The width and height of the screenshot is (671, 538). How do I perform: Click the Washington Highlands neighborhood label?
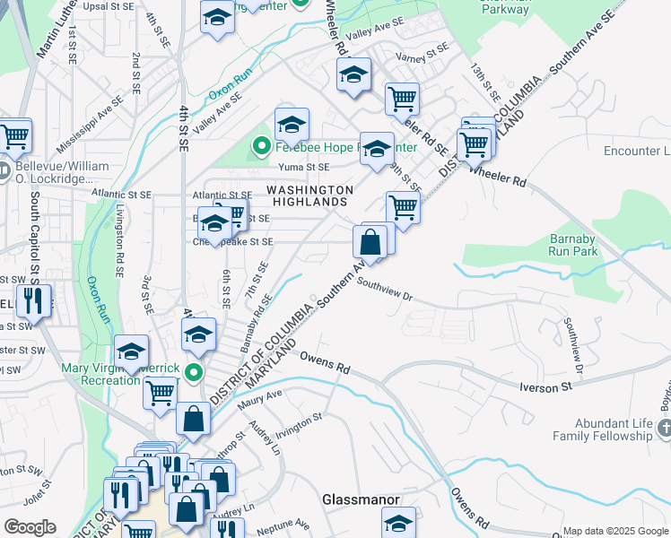[x=309, y=195]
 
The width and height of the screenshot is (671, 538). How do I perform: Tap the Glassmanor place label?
[x=361, y=499]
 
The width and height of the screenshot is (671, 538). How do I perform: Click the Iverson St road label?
[x=546, y=386]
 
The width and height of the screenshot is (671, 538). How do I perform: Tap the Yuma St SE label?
[x=305, y=167]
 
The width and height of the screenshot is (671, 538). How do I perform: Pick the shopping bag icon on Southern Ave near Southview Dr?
[x=370, y=241]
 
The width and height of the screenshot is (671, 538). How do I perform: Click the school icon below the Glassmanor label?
[x=399, y=523]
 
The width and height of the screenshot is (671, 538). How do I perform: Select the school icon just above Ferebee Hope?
[x=292, y=124]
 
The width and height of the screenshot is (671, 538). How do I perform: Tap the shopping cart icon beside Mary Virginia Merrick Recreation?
[x=160, y=392]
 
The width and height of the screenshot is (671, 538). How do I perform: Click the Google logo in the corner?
[x=30, y=527]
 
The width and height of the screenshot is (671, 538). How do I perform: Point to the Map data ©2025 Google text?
[x=615, y=531]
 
